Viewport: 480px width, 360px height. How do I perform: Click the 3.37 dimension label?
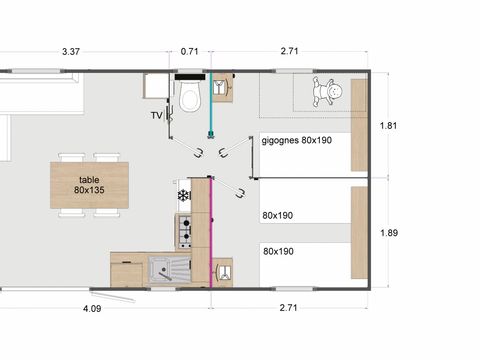click(71, 52)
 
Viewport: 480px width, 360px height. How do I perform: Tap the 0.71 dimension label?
click(189, 51)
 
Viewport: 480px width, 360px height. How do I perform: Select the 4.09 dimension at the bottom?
click(92, 309)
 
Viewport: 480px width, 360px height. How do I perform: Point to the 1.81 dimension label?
click(388, 126)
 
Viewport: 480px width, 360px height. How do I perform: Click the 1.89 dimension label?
click(389, 233)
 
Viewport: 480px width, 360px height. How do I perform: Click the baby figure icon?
click(327, 91)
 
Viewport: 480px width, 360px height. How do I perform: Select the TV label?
click(157, 116)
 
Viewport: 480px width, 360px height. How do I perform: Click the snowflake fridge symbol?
click(183, 196)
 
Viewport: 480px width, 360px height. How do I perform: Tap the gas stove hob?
click(184, 232)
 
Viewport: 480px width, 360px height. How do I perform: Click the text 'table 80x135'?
click(89, 185)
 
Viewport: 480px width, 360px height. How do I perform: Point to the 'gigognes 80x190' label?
click(297, 140)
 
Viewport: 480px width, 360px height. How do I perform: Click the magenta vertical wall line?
click(211, 233)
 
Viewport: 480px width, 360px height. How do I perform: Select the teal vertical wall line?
click(210, 103)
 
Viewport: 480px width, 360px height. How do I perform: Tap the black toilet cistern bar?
click(190, 77)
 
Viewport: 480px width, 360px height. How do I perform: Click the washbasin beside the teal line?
click(222, 87)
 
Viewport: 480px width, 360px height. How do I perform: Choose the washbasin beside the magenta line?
click(222, 272)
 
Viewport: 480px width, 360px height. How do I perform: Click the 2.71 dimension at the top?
click(289, 51)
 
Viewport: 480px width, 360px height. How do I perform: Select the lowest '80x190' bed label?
click(278, 251)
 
